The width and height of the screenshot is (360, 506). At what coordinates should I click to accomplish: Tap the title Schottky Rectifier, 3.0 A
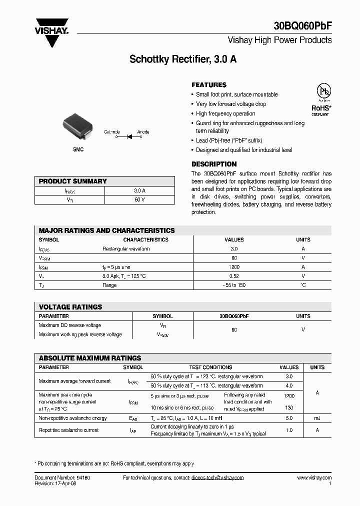point(183,59)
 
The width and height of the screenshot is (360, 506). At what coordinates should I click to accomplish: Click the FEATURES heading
point(209,85)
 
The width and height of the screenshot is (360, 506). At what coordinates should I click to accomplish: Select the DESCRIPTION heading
point(214,164)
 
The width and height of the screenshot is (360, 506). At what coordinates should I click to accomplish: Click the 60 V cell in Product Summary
point(139,200)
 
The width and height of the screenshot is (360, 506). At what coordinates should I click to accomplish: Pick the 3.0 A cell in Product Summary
point(139,190)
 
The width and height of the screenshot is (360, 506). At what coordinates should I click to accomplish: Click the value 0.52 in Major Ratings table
point(234,276)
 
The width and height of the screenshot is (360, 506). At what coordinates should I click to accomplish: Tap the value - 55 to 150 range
point(234,285)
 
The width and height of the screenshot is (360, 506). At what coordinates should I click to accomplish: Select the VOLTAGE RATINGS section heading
point(70,307)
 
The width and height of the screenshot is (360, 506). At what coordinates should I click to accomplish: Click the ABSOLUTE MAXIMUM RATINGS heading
point(90,358)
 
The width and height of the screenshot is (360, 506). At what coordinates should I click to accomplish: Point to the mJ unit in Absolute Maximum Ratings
point(317,418)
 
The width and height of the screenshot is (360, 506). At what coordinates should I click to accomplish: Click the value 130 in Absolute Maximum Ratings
point(289,407)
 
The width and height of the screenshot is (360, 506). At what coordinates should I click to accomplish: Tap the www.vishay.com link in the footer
point(314,478)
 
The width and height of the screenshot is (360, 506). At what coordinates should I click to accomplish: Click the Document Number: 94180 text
point(62,478)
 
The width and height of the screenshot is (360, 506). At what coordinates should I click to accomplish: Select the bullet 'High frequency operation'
point(225,113)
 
